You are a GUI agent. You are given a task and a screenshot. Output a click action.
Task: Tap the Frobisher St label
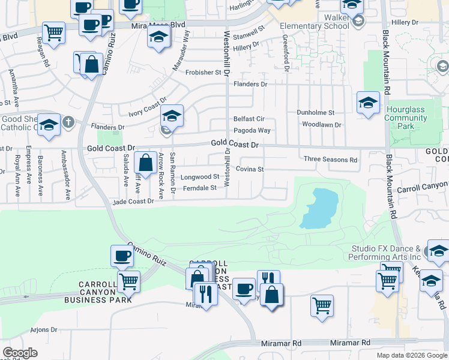coord(203,73)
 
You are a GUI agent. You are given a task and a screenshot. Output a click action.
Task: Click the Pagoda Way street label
coord(252,130)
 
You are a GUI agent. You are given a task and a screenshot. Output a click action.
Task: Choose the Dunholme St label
coord(316,112)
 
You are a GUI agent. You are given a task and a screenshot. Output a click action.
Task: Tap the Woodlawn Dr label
coord(321,125)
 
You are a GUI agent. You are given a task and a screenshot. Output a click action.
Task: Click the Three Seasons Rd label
coord(330,160)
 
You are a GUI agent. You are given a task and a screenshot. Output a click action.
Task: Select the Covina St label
coord(250,169)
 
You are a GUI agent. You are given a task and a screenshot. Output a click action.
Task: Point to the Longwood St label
coord(200,177)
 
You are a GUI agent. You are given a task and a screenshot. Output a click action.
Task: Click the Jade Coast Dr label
coord(133,202)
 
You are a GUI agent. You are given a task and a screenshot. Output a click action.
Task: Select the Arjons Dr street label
coord(43,329)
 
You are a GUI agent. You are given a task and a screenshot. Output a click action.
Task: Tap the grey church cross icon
coord(69,122)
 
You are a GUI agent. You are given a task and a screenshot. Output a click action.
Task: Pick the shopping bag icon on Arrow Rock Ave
coord(145,162)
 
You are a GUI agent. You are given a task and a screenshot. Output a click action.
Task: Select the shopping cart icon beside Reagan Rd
coord(54,32)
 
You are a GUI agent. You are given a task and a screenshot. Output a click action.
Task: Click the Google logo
coord(20,353)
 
